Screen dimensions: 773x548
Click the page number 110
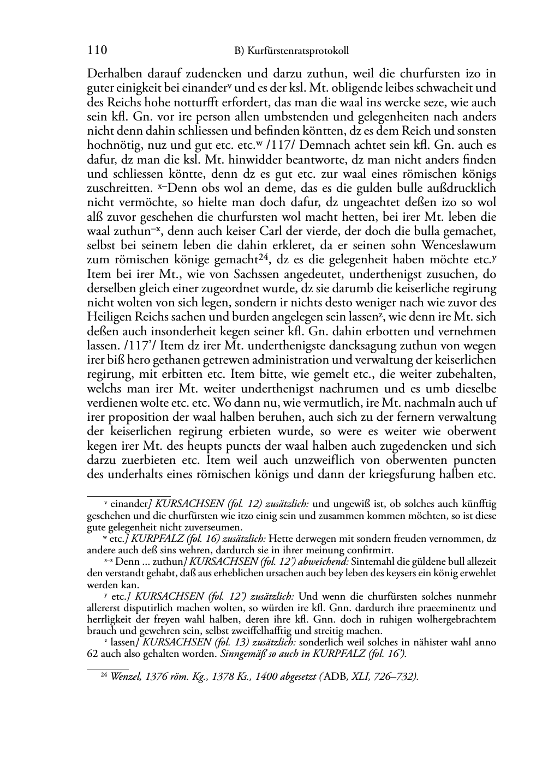[97, 51]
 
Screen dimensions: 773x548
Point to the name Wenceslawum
[457, 246]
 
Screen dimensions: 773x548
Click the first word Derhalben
[112, 74]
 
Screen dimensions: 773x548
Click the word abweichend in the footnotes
[324, 561]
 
